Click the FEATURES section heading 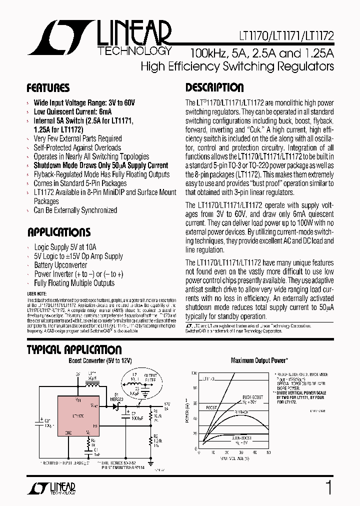tap(48, 88)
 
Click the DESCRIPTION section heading tap(214, 88)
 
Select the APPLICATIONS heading tap(58, 232)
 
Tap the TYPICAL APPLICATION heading tap(74, 350)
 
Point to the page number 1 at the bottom tap(328, 487)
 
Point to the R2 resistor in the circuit tap(150, 439)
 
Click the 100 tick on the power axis tap(194, 372)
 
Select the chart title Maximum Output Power tap(259, 360)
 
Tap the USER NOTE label tap(36, 293)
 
